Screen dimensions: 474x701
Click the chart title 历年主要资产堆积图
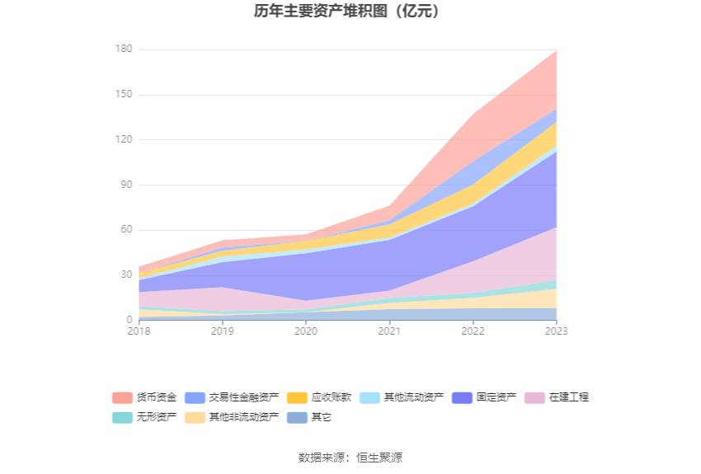pos(350,12)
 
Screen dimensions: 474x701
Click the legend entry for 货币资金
pos(144,397)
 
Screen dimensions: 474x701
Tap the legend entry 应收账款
pos(319,397)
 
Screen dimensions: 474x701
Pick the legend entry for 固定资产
pos(484,397)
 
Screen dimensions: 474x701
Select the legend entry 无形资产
pos(144,417)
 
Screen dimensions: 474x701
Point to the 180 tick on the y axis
pos(124,49)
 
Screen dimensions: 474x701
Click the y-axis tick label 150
pos(124,95)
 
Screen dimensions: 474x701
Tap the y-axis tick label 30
pos(126,275)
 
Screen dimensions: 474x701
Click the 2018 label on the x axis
pos(139,331)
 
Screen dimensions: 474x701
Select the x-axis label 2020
pos(306,331)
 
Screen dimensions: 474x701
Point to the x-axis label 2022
pos(473,331)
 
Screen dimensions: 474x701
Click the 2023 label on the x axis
pos(556,331)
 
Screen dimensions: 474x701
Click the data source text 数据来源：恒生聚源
pos(350,458)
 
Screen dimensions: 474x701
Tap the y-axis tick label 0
pos(129,320)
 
